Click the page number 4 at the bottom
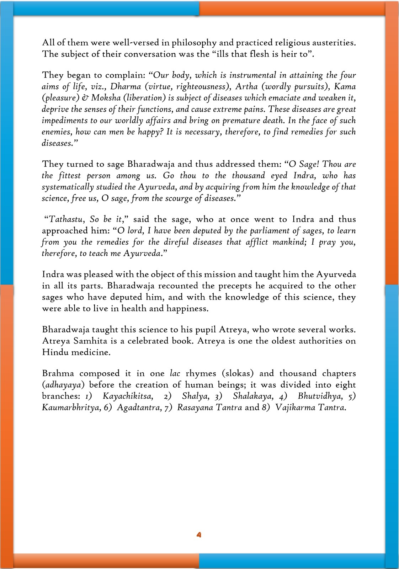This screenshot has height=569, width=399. [x=199, y=535]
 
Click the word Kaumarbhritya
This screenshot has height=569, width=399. [x=70, y=408]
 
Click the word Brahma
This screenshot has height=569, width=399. [x=58, y=373]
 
